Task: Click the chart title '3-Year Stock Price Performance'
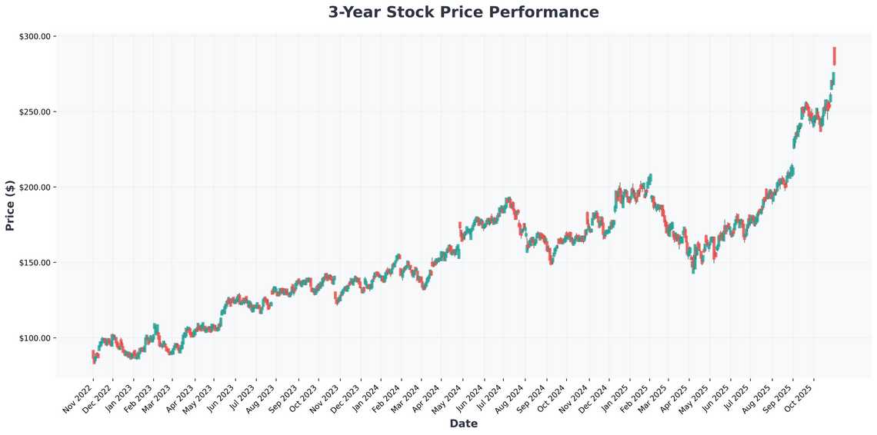click(463, 12)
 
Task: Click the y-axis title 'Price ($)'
click(10, 205)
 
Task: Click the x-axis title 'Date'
click(463, 423)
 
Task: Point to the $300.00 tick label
click(34, 36)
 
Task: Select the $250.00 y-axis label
click(34, 111)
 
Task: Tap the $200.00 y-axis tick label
click(34, 187)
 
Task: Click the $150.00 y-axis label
click(34, 262)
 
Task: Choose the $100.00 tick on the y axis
click(34, 337)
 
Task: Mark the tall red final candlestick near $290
click(834, 56)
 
